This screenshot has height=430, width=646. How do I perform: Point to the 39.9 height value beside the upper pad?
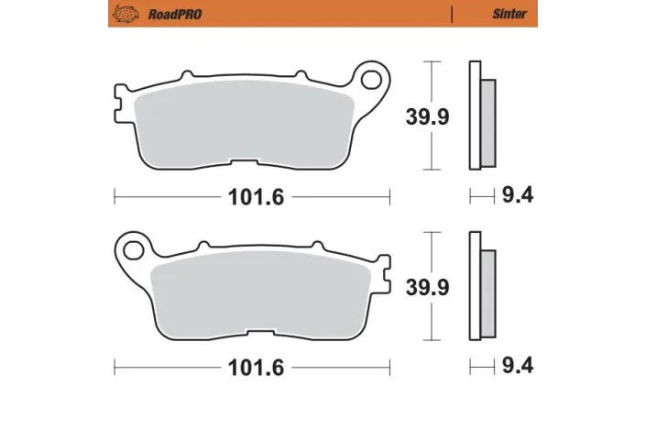pos(428,116)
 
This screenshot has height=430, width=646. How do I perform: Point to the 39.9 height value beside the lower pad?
pos(428,287)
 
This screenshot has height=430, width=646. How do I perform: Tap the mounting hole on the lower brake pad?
pos(134,249)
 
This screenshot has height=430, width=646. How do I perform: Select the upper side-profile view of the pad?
pos(480,116)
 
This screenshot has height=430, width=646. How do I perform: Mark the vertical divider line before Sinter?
pos(452,14)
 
